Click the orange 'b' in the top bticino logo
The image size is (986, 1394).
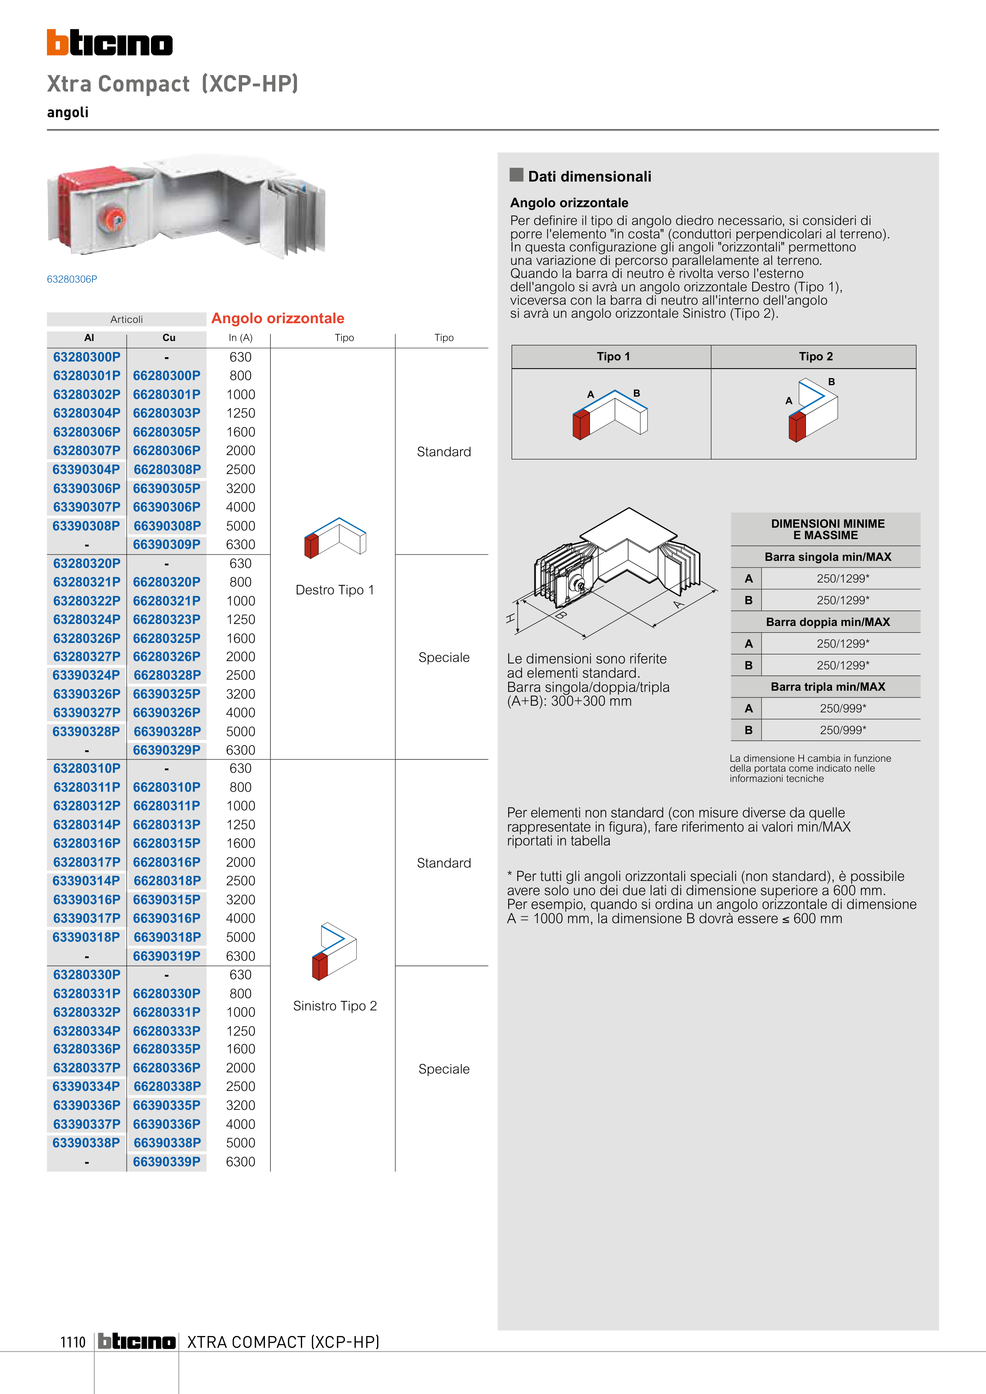click(57, 43)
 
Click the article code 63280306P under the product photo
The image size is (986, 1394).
click(72, 279)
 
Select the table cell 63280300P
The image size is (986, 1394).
click(87, 357)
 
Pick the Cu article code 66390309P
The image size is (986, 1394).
click(167, 545)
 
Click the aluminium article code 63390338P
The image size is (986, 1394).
click(86, 1143)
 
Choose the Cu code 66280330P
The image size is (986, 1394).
click(167, 993)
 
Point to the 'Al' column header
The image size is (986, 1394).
click(89, 337)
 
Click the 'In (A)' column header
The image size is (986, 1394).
click(240, 337)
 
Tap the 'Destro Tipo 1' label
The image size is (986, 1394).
click(335, 590)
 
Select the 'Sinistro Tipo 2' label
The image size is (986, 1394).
click(335, 1006)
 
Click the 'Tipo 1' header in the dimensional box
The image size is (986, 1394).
click(613, 356)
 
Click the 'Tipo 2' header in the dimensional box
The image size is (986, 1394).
click(815, 356)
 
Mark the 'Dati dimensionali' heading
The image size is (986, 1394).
click(589, 177)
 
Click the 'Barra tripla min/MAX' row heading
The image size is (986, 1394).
click(827, 687)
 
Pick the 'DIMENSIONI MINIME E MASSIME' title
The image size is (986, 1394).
click(827, 529)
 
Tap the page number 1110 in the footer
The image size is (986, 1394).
click(73, 1342)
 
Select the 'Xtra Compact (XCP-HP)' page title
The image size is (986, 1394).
click(173, 84)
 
